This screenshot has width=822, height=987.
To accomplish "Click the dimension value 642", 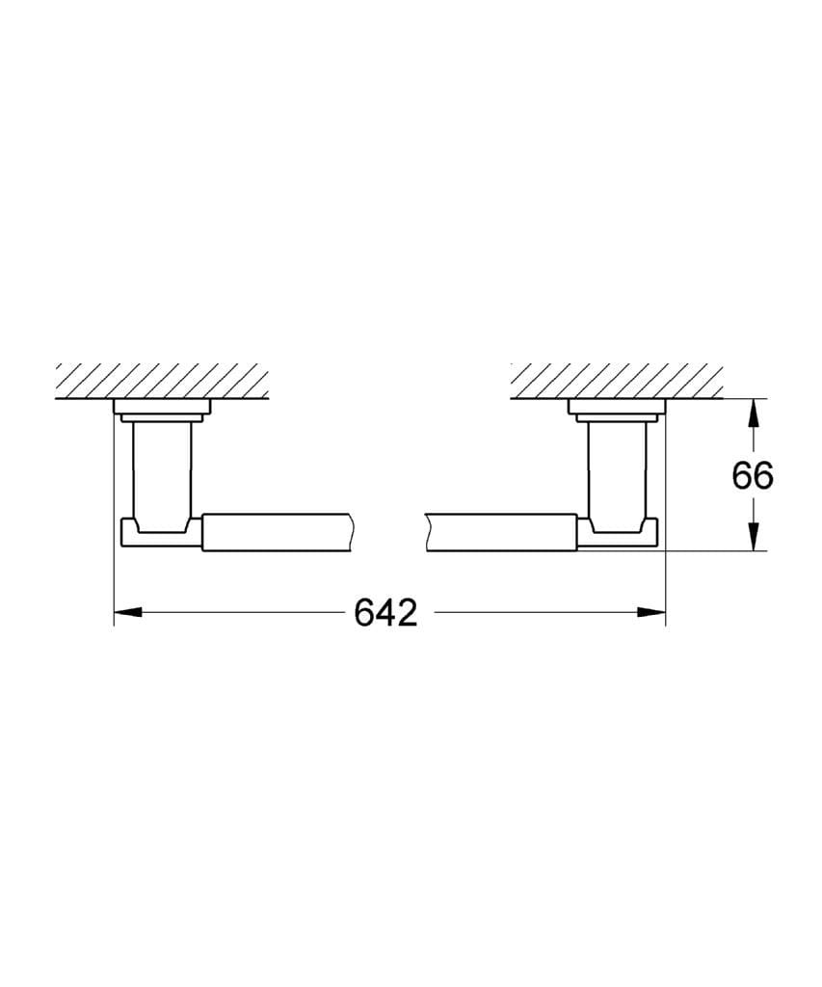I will point(385,612).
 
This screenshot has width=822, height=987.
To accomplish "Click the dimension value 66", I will point(752,475).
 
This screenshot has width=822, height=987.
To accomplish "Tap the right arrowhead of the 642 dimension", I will point(654,611).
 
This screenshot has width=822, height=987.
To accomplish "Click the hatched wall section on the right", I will point(617,381).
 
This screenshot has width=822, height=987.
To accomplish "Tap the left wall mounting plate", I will point(161,409).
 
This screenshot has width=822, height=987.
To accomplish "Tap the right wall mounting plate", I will point(617,409).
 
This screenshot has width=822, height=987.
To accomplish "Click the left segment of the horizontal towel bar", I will point(279,533).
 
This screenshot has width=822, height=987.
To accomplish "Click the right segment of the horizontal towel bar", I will point(501,533).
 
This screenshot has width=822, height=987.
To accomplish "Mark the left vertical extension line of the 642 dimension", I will point(115,578).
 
